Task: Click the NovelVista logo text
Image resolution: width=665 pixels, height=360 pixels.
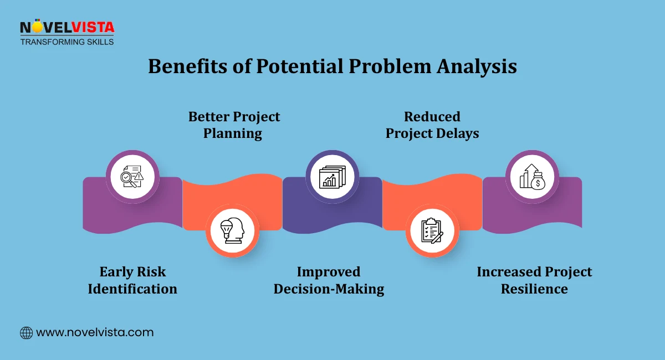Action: point(66,28)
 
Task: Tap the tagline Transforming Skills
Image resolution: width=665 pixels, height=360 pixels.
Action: point(66,42)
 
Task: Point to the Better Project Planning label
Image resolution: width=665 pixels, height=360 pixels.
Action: point(234,125)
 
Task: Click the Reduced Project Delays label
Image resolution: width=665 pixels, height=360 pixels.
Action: point(432,125)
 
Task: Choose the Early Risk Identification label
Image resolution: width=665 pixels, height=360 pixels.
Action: point(132,280)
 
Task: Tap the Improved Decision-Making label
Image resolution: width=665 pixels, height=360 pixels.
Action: point(329,280)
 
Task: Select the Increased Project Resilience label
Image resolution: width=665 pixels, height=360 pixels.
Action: point(534,280)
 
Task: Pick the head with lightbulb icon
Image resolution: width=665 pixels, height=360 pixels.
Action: point(233,230)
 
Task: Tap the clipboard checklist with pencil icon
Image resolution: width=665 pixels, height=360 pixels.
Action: point(432,230)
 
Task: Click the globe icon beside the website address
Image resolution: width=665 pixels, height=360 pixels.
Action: point(26,333)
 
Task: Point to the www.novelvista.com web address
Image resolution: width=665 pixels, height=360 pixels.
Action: point(95,333)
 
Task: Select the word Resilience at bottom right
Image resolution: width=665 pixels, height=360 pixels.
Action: point(534,289)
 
